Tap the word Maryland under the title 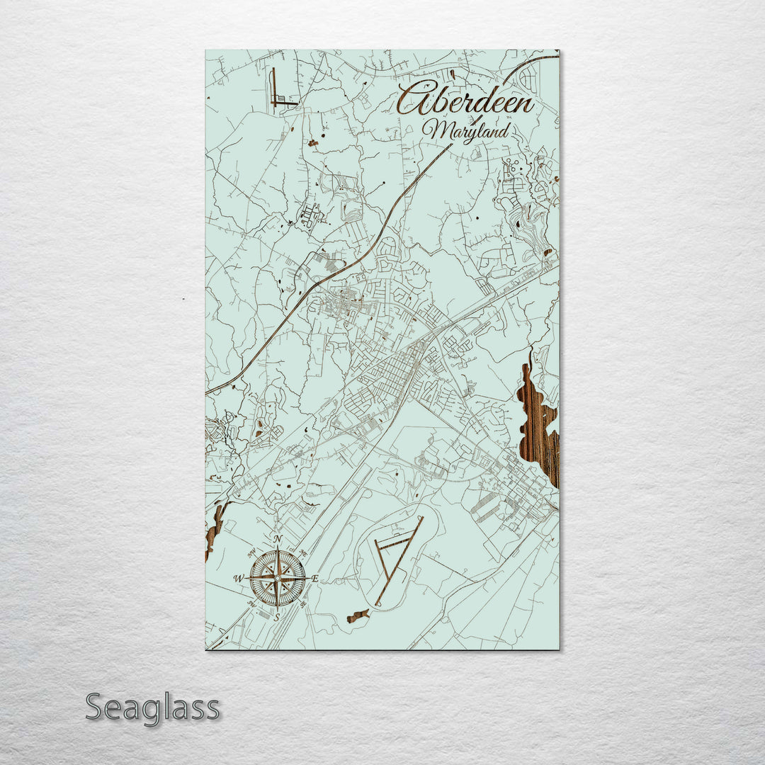point(466,131)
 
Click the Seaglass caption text point(152,708)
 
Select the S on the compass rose point(278,616)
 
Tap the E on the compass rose point(314,579)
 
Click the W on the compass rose point(239,579)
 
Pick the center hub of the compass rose point(278,578)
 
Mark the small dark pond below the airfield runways point(358,616)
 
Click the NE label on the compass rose point(303,552)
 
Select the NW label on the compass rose point(251,553)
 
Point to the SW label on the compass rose point(252,604)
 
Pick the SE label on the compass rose point(303,604)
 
